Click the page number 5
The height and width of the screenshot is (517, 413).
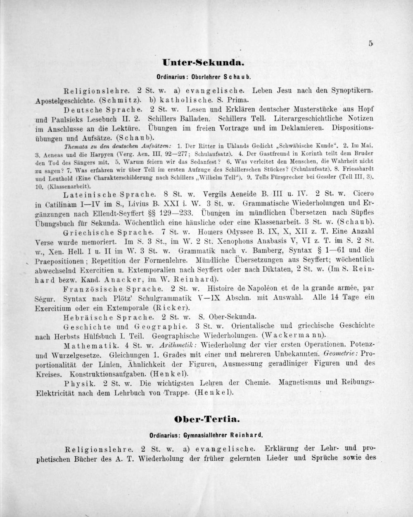coord(370,43)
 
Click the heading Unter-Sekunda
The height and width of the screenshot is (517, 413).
coord(204,63)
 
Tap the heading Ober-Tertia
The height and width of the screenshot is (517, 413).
coord(207,419)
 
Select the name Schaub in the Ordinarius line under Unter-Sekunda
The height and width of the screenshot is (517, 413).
coord(237,77)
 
